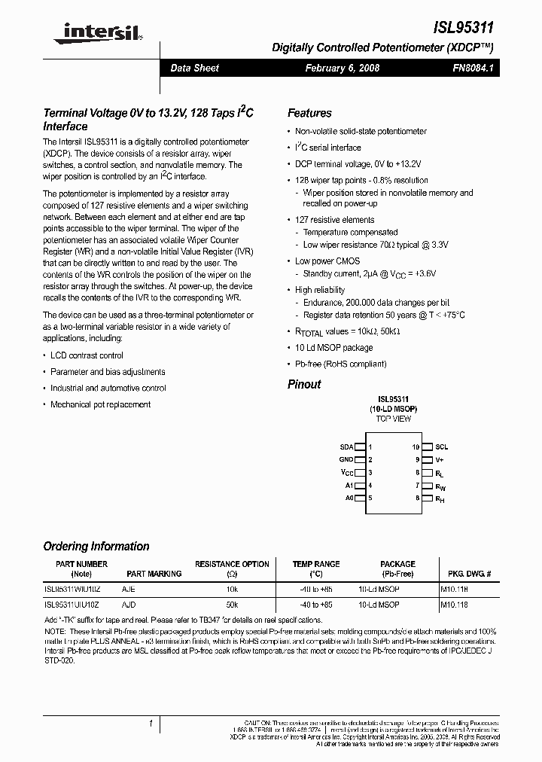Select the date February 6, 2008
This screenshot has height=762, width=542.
coord(342,68)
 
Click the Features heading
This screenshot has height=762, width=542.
coord(309,113)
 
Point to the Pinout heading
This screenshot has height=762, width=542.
coord(304,384)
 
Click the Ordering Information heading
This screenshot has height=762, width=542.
coord(96,547)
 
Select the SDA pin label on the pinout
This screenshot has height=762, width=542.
coord(346,447)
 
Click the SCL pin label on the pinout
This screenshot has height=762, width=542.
coord(441,447)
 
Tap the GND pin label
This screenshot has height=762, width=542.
coord(346,459)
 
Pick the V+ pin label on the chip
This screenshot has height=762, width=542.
coord(440,459)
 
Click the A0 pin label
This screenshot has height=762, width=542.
coord(349,498)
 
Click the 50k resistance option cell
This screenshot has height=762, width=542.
coord(232,605)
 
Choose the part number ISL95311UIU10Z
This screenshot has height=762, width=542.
coord(72,605)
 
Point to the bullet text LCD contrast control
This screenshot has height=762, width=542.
coord(87,355)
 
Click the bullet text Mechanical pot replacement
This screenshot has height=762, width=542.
coord(100,404)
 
